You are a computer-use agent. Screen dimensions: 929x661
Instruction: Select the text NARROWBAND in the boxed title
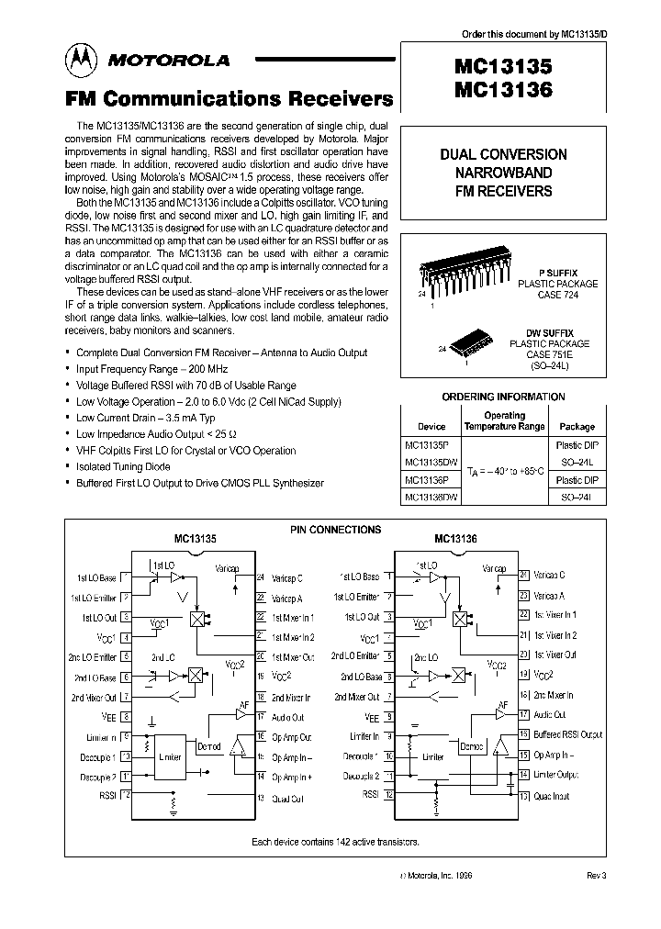click(x=515, y=173)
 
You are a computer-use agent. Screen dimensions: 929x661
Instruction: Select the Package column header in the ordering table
click(x=577, y=426)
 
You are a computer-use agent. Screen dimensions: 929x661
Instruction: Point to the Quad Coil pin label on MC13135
click(x=288, y=799)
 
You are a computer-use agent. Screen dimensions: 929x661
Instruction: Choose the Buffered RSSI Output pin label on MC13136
click(x=568, y=734)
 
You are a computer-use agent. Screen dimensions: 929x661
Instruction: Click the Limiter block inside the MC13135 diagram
click(x=170, y=758)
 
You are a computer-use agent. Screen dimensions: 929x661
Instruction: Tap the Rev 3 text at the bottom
click(x=596, y=876)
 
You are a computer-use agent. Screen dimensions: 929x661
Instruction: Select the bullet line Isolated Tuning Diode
click(x=125, y=466)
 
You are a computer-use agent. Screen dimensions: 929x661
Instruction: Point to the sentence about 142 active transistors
click(x=335, y=841)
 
